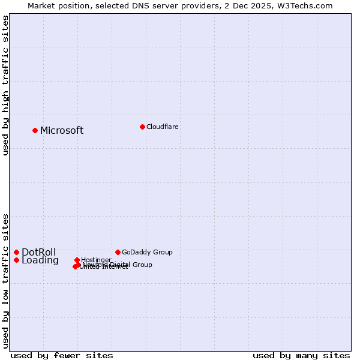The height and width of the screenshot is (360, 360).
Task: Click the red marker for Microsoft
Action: tap(35, 130)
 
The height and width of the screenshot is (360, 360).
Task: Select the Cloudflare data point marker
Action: tap(142, 127)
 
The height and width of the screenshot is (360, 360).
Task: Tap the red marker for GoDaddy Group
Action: tap(118, 252)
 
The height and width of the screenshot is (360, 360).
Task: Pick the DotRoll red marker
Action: tap(17, 252)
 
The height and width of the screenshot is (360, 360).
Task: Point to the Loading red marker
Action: tap(17, 260)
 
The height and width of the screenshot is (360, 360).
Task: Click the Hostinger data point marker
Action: tap(77, 260)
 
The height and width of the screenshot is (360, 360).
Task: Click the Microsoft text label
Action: tap(62, 131)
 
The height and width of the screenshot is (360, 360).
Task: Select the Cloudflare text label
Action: tap(163, 127)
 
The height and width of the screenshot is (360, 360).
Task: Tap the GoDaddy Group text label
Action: tap(147, 252)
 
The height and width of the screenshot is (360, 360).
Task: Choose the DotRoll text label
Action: tap(39, 252)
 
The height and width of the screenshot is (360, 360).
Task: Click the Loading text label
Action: tap(40, 260)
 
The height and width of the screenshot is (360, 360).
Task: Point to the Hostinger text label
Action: tap(97, 260)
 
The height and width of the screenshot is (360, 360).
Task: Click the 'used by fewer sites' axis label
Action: tap(62, 355)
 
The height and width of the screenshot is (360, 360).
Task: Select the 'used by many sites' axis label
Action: tap(301, 355)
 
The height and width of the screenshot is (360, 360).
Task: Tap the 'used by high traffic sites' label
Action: tap(5, 85)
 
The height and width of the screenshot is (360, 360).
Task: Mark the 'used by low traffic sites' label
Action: tap(5, 280)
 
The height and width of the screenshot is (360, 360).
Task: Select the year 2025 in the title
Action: tap(265, 5)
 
